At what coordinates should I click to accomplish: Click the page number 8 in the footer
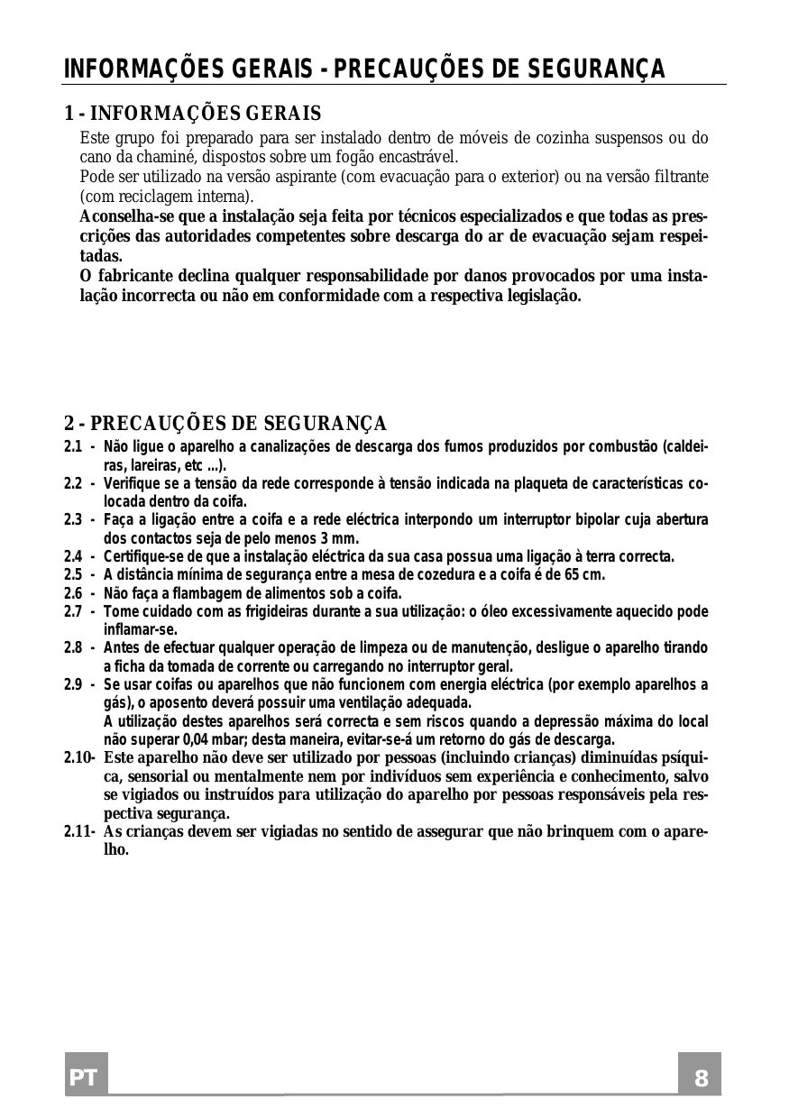click(x=701, y=1079)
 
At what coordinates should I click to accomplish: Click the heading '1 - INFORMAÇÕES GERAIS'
click(x=193, y=115)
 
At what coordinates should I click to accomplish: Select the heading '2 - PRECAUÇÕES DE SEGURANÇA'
click(x=225, y=424)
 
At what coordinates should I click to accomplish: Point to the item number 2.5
click(x=74, y=575)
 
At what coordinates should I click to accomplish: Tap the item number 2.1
click(x=74, y=447)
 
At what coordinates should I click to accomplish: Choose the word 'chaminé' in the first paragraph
click(x=141, y=157)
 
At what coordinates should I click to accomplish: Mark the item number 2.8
click(x=74, y=648)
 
